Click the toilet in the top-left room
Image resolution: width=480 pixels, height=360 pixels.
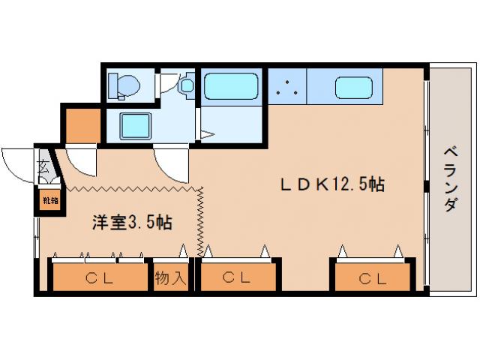click(x=122, y=85)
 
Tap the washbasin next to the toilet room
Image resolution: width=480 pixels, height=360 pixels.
click(x=184, y=85)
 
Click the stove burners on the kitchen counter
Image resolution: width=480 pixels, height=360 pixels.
click(x=286, y=88)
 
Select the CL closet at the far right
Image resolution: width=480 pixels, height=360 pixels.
click(x=372, y=279)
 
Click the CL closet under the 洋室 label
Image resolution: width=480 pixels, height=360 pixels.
click(x=99, y=279)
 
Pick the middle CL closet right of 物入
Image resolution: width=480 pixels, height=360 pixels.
click(x=236, y=279)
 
